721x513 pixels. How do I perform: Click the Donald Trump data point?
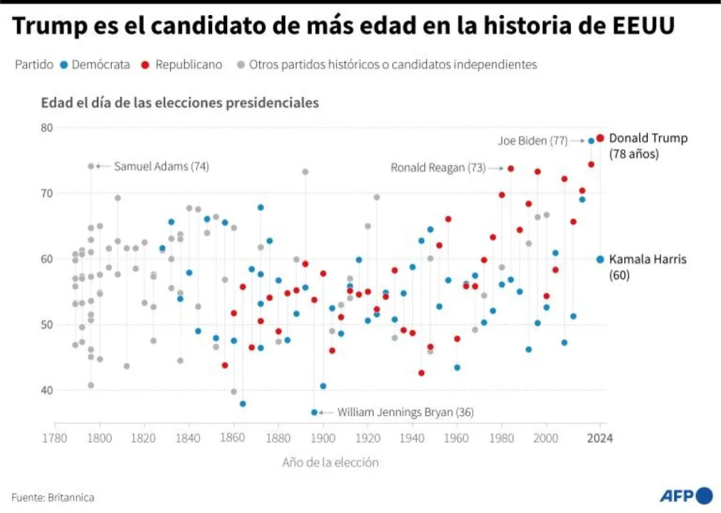[601, 138]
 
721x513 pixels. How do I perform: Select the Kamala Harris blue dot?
[601, 259]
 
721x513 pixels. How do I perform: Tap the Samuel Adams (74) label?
[162, 166]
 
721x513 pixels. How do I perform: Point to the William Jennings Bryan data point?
[314, 412]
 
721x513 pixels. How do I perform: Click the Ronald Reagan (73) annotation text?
[438, 168]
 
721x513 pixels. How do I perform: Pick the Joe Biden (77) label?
[532, 141]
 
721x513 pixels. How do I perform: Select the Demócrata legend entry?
[95, 65]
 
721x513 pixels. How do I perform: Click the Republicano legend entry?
[182, 65]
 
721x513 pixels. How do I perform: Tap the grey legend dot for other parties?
[242, 65]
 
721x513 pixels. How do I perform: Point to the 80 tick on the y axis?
[46, 128]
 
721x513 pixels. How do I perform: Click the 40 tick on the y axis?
[46, 390]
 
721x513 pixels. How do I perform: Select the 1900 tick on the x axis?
[323, 437]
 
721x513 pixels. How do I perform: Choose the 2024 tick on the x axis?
[601, 437]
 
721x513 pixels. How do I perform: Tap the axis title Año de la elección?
[330, 462]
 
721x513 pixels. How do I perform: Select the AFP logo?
[685, 496]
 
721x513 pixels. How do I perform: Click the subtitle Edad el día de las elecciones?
[179, 103]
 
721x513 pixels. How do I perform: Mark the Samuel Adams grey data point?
[91, 166]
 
